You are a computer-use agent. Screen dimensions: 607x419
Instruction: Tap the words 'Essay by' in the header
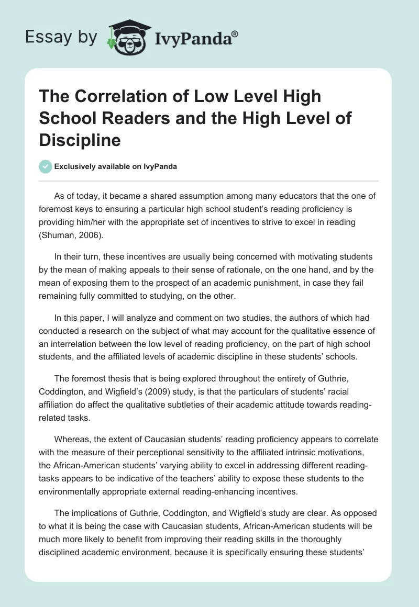click(61, 37)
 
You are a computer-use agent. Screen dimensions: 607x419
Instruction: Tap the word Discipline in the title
click(80, 140)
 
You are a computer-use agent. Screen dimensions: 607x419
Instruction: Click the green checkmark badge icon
click(46, 166)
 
